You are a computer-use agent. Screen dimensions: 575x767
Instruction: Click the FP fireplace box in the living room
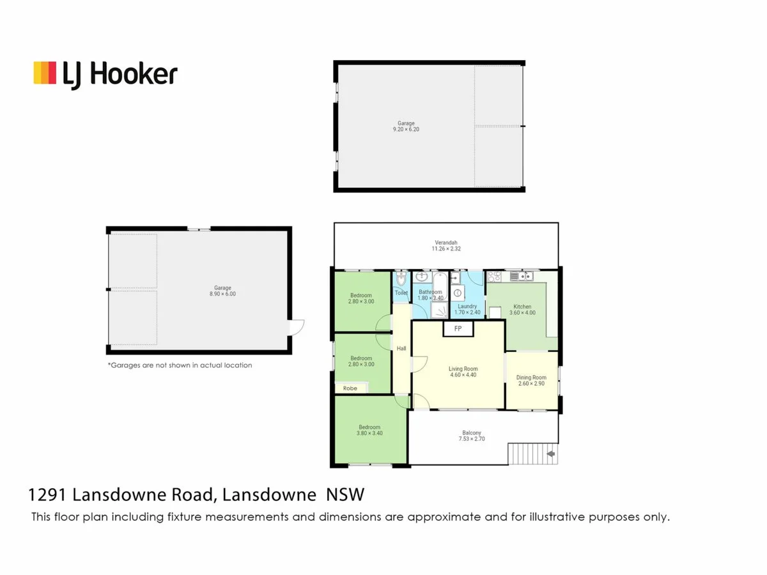(458, 328)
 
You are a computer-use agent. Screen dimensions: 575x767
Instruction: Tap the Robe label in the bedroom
(350, 388)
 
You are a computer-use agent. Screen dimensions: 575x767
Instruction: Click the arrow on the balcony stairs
(550, 454)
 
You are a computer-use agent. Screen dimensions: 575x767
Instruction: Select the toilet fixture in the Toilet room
(401, 280)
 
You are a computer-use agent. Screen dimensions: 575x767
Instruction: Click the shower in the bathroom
(439, 310)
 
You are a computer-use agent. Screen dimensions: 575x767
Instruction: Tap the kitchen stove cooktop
(494, 277)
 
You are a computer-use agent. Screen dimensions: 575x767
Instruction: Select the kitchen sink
(523, 276)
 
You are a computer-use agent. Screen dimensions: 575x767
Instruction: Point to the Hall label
(401, 348)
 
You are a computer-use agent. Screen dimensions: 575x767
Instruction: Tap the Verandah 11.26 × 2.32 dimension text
(445, 249)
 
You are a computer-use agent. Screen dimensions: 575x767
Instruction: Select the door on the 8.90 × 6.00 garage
(296, 327)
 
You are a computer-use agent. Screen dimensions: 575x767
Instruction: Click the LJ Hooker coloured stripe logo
(45, 73)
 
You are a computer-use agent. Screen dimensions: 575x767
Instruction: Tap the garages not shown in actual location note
(180, 365)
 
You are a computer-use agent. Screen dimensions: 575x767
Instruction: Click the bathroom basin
(422, 277)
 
